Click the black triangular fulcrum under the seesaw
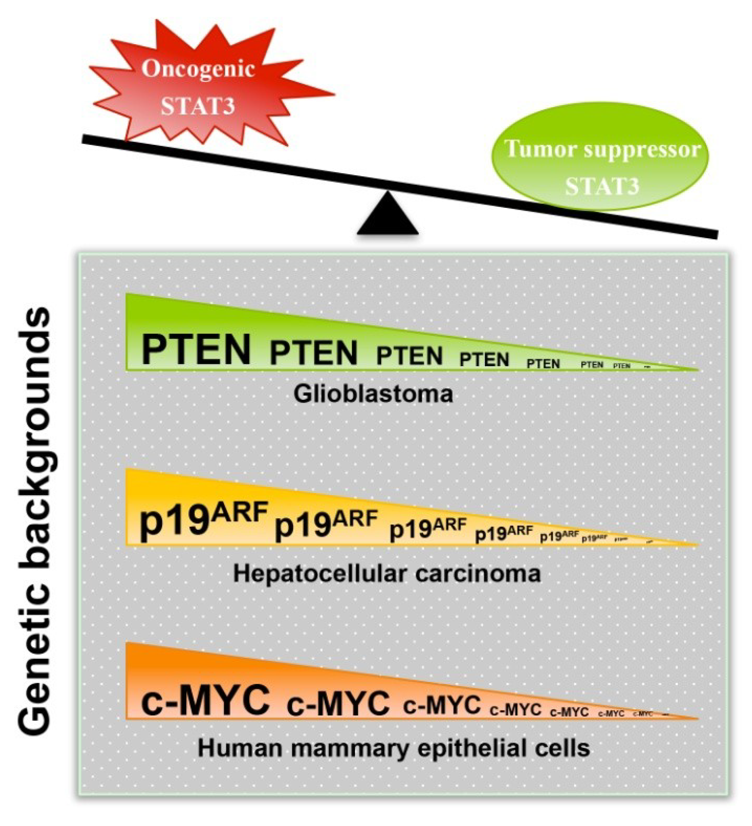tap(387, 217)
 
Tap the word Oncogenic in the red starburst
tap(198, 68)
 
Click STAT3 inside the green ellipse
tap(602, 186)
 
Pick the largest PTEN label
tap(196, 350)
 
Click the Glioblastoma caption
tap(374, 394)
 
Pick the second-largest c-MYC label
tap(338, 702)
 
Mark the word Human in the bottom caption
tap(240, 748)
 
